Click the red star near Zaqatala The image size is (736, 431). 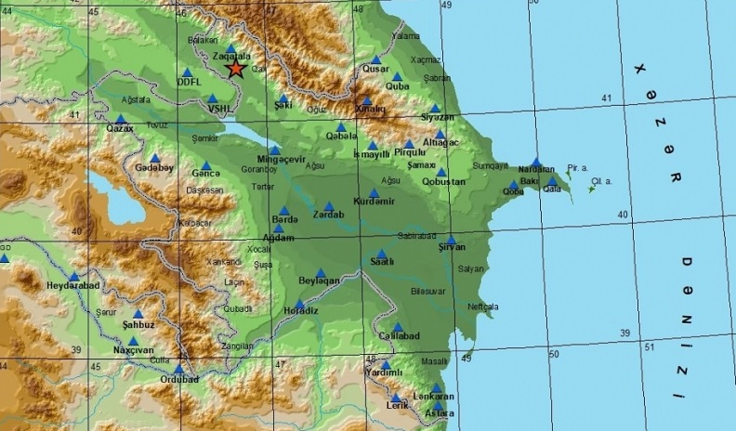tap(236, 68)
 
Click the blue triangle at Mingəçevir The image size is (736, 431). tap(275, 150)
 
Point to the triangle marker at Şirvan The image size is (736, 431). tap(451, 239)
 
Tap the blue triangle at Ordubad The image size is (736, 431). tap(177, 369)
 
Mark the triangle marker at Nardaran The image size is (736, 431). tap(536, 162)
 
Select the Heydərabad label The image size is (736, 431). tap(72, 287)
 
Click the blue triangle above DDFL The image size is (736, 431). tap(188, 72)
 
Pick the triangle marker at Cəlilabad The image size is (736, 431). tap(397, 326)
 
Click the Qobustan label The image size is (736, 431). tap(443, 182)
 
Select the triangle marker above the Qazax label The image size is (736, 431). tap(120, 119)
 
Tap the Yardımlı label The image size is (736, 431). tap(385, 373)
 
